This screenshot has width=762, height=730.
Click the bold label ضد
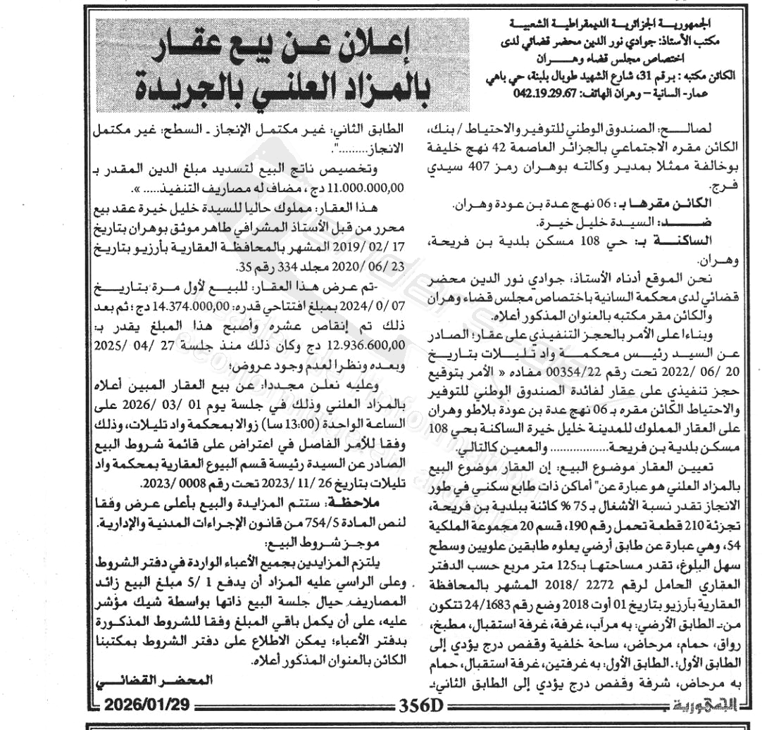(x=722, y=222)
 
